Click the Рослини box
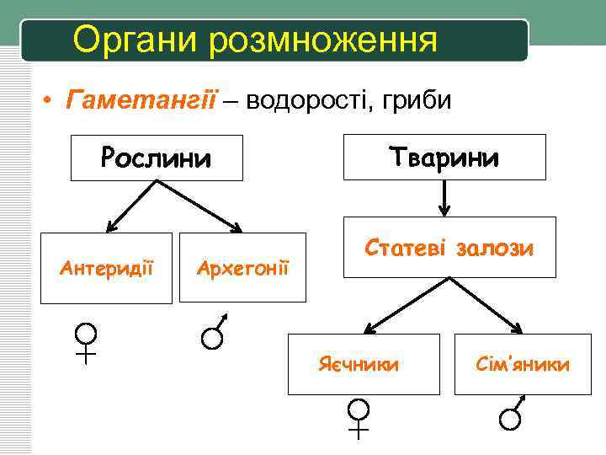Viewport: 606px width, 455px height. click(x=157, y=158)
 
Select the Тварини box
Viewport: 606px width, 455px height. click(x=444, y=157)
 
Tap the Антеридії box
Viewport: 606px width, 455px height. click(x=106, y=267)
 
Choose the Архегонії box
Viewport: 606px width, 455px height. click(x=242, y=267)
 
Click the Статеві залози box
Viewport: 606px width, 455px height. click(x=449, y=247)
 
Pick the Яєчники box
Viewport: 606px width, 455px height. click(x=364, y=364)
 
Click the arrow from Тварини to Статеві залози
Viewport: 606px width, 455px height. click(x=444, y=198)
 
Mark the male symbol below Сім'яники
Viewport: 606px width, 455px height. click(x=511, y=415)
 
